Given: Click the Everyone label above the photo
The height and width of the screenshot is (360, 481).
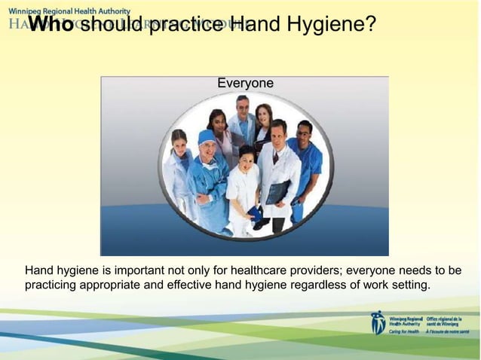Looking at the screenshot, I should point(245,83).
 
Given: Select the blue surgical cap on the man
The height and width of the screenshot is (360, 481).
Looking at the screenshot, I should point(206,136).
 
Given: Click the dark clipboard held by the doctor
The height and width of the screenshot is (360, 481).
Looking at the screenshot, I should point(277,191).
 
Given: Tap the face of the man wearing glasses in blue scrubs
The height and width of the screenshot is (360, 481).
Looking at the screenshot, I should point(304,133).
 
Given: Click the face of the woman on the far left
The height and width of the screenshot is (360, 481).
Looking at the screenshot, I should point(179,141).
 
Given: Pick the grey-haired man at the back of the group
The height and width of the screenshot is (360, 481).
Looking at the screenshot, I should point(242,107).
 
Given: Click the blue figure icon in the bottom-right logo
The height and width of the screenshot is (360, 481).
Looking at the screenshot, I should point(378,322).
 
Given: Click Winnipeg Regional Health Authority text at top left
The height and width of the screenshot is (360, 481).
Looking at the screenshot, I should point(69,11).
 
